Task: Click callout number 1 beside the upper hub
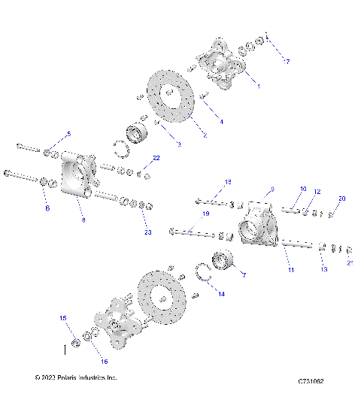pos(258,86)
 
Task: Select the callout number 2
pos(204,135)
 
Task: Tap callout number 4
pos(220,121)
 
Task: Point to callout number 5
pos(68,134)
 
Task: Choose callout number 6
pos(47,208)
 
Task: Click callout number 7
pos(243,276)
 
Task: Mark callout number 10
pos(303,189)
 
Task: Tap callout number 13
pos(324,268)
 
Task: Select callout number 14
pos(220,294)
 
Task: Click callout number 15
pos(63,319)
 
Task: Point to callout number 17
pos(286,61)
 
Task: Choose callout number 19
pos(205,214)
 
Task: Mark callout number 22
pos(156,158)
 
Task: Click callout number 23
pos(147,232)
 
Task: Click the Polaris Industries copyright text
pos(76,377)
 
